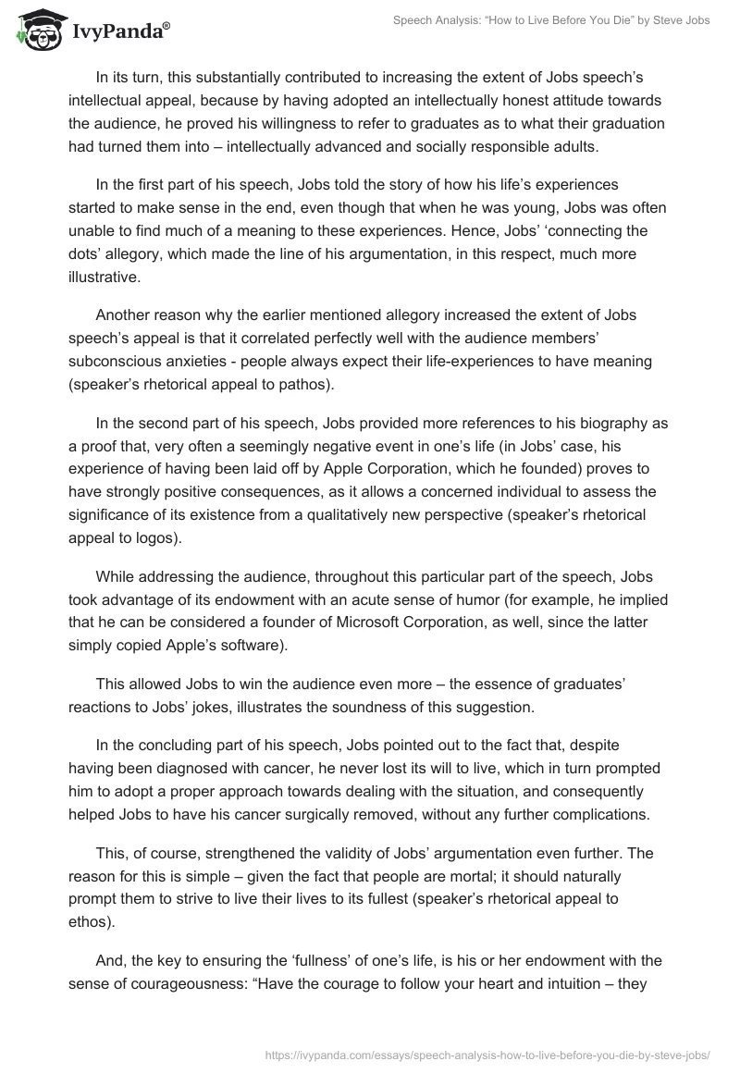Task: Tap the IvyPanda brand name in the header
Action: (x=120, y=31)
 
